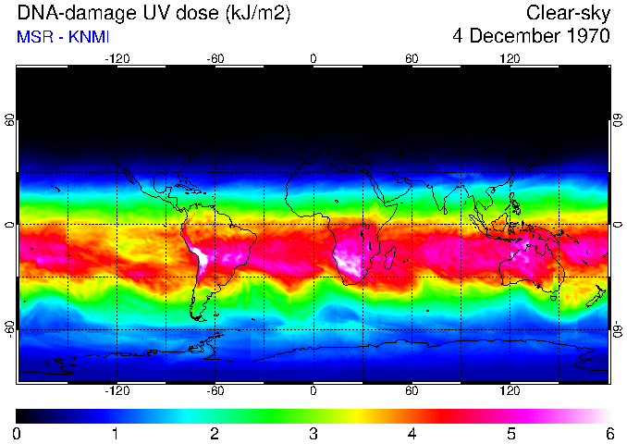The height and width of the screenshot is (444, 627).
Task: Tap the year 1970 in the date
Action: point(583,37)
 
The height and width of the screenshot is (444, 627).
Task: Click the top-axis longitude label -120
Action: point(117,58)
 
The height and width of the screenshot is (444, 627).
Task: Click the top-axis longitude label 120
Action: point(510,58)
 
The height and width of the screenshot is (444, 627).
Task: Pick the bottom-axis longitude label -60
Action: point(215,392)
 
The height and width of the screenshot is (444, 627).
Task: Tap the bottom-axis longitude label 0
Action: point(313,392)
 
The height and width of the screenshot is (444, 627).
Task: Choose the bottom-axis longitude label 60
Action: point(412,392)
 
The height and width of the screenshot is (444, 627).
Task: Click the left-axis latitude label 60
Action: point(10,120)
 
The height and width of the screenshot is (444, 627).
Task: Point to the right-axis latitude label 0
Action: point(617,225)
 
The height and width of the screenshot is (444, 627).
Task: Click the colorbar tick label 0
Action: point(17,434)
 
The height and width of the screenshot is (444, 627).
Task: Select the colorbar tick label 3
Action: point(313,434)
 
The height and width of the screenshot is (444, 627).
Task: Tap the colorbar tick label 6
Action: point(609,434)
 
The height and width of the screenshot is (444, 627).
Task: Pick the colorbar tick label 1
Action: point(116,434)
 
